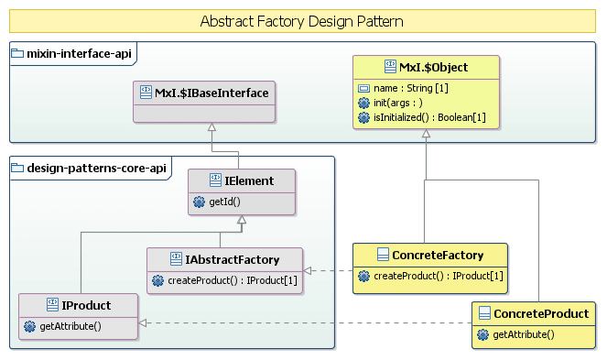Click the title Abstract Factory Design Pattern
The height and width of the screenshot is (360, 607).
(x=302, y=21)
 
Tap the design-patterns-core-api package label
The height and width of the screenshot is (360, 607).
(x=84, y=167)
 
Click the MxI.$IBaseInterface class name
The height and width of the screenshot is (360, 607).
(x=211, y=92)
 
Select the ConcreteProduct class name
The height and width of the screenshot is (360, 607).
(x=540, y=314)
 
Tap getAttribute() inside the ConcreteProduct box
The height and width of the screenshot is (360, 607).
(x=523, y=334)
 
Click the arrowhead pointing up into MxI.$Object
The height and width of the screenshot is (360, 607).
(x=425, y=136)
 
